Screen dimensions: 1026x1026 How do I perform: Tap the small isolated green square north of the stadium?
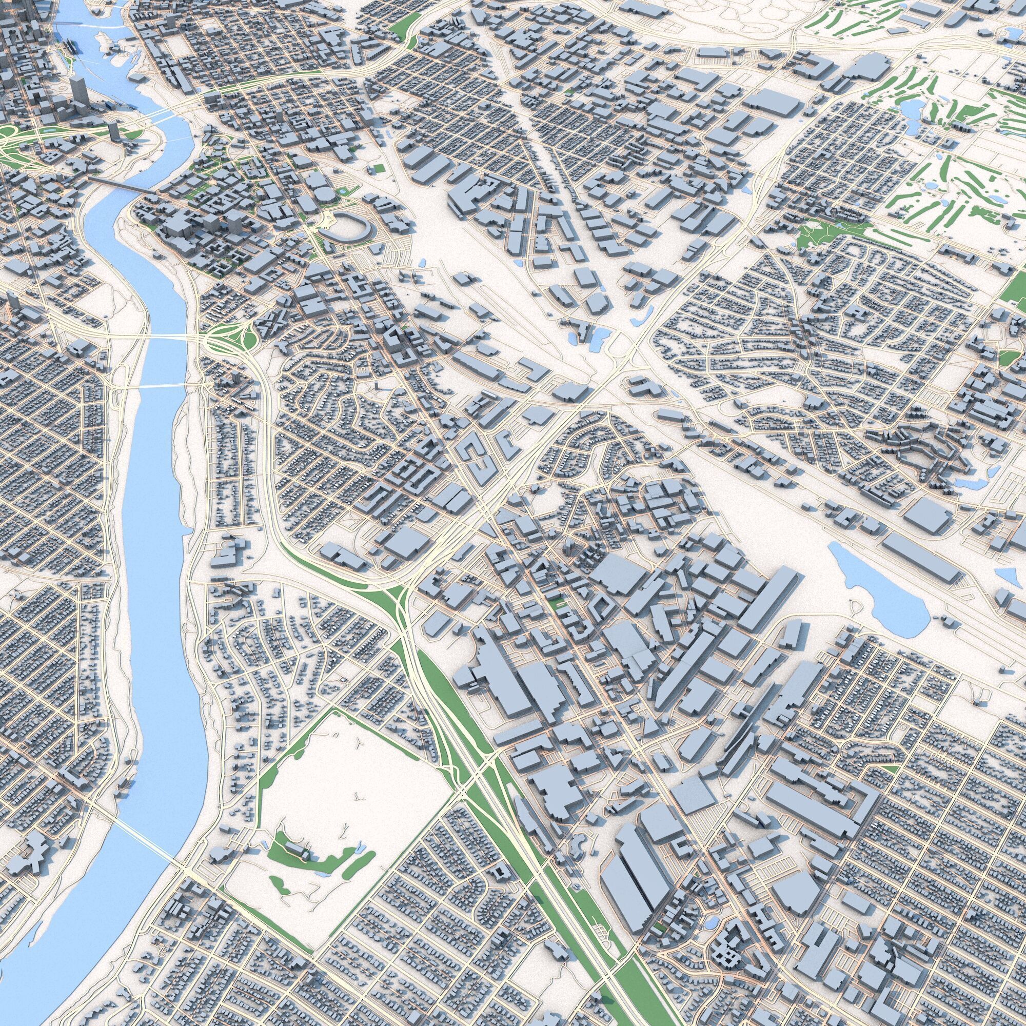click(x=379, y=168)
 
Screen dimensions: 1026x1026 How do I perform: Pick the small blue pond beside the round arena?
click(x=343, y=191)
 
